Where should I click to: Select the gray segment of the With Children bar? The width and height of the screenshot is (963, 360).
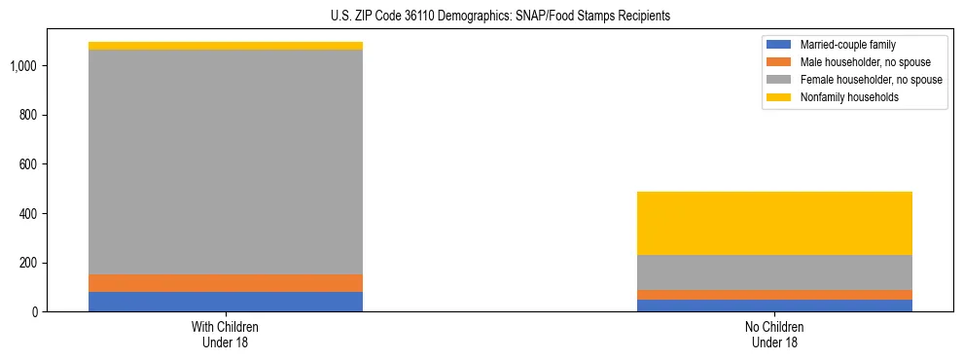225,162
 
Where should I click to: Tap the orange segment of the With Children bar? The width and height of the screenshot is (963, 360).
225,283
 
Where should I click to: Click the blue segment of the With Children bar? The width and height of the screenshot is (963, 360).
225,302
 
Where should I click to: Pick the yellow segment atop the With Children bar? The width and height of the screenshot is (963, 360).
225,46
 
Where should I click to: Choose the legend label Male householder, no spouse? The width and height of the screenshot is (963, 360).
857,62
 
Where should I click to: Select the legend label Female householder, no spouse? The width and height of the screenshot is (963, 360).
871,80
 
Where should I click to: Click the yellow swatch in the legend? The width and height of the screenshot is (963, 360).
779,97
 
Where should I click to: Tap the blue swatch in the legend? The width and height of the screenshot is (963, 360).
779,45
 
